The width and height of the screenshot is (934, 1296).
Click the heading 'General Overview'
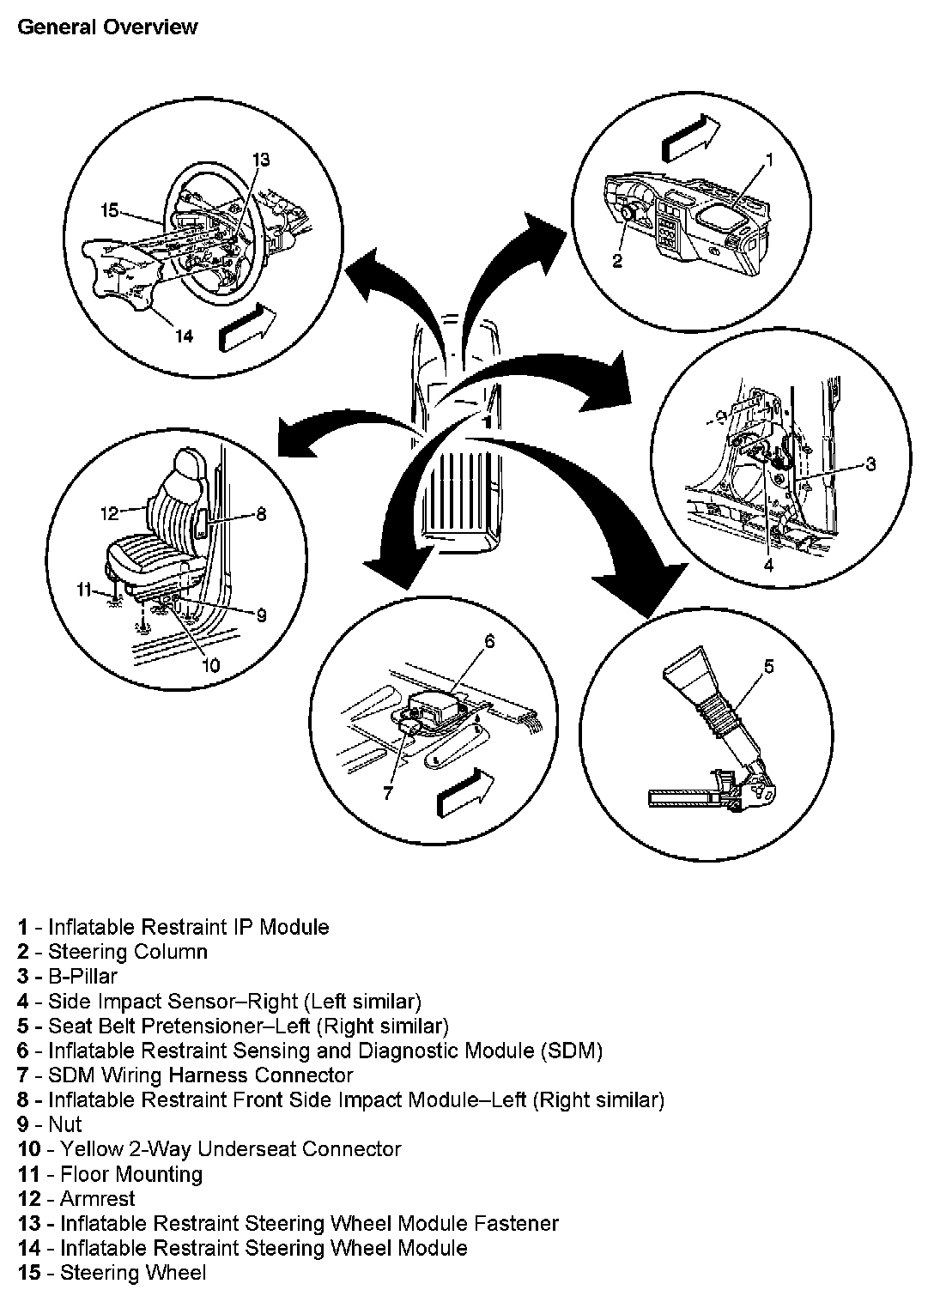pyautogui.click(x=106, y=27)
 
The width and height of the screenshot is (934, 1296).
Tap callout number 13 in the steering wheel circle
pyautogui.click(x=261, y=159)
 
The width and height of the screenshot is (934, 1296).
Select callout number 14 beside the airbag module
pyautogui.click(x=184, y=336)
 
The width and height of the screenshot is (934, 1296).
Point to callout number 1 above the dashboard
pyautogui.click(x=769, y=159)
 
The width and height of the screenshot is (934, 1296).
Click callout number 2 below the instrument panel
pyautogui.click(x=617, y=262)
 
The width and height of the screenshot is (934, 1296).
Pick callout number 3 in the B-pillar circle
pyautogui.click(x=870, y=464)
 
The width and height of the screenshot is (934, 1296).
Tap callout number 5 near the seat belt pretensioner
pyautogui.click(x=769, y=665)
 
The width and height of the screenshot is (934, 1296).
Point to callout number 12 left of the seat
pyautogui.click(x=109, y=513)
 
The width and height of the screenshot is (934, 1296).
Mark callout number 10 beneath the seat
pyautogui.click(x=211, y=665)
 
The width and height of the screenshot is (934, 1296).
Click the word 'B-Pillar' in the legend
pyautogui.click(x=82, y=976)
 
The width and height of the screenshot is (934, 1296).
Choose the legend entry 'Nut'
pyautogui.click(x=65, y=1124)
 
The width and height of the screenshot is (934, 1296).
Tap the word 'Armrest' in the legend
pyautogui.click(x=97, y=1198)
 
